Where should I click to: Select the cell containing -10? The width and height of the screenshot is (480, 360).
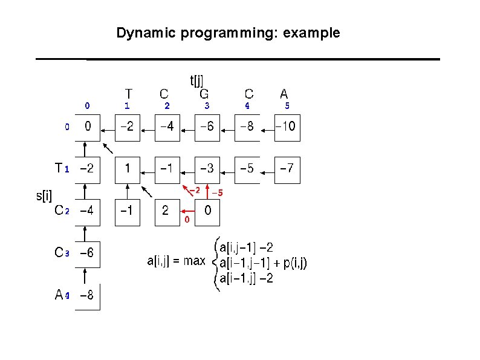tap(287, 127)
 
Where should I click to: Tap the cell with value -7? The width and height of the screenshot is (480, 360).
tap(287, 169)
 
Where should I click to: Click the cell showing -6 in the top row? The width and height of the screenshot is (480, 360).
tap(207, 127)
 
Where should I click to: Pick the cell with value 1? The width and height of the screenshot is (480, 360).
tap(128, 169)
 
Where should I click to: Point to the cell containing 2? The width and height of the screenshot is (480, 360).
tap(166, 211)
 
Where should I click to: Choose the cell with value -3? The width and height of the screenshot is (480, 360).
tap(207, 169)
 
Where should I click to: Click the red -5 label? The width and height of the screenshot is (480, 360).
tap(217, 193)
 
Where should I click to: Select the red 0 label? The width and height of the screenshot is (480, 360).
tap(187, 220)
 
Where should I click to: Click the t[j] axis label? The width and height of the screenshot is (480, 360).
tap(197, 80)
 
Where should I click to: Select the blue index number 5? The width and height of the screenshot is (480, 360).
tap(287, 106)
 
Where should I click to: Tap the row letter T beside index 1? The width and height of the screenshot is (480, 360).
tap(58, 168)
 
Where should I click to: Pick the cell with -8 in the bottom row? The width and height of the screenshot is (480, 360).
tap(88, 296)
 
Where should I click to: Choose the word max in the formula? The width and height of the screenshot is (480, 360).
tap(195, 262)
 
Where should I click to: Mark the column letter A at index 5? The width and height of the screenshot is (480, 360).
tap(284, 94)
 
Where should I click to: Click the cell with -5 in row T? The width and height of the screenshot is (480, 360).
tap(247, 169)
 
